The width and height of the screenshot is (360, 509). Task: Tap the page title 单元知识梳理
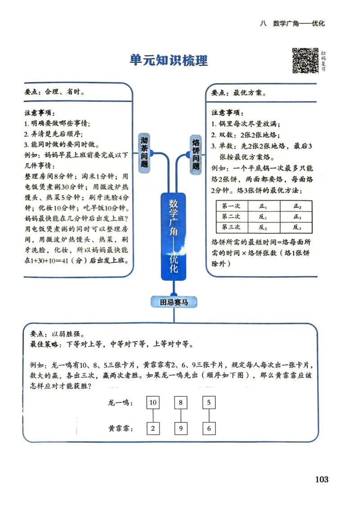(169, 60)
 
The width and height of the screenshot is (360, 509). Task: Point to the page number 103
(322, 479)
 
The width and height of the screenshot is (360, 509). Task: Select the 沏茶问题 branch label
(144, 152)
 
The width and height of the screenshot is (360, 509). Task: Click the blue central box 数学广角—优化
(174, 236)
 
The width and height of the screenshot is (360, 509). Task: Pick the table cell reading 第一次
(232, 206)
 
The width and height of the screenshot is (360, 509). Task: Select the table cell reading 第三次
(232, 227)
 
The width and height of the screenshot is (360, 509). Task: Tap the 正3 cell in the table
(297, 217)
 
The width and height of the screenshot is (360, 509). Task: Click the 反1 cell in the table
(264, 217)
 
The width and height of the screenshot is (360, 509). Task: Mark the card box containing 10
(153, 402)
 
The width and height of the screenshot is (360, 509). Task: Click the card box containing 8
(180, 402)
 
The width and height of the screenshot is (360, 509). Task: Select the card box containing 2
(153, 429)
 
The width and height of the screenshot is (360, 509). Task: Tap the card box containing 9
(180, 429)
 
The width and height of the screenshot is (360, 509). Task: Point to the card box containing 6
(209, 429)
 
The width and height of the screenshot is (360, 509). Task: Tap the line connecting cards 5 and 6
(209, 415)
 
